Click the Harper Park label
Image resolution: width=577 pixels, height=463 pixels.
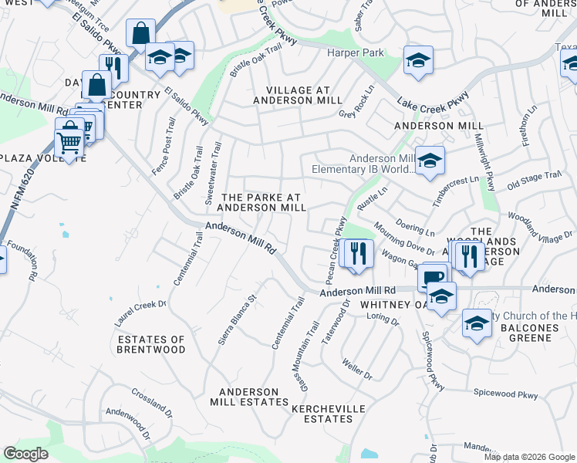click(x=356, y=53)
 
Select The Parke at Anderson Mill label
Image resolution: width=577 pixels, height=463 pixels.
click(x=262, y=202)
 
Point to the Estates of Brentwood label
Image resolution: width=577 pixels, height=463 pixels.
click(x=152, y=344)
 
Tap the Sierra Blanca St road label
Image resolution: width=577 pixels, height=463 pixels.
click(x=237, y=319)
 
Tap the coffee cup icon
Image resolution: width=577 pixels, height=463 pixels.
click(x=433, y=276)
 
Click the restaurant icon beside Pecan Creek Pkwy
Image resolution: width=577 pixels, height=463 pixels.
click(x=356, y=253)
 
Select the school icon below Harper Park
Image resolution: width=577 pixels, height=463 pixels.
click(x=418, y=61)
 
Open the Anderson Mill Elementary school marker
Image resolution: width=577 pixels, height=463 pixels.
click(x=430, y=161)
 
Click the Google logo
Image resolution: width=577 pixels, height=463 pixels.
click(x=25, y=454)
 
